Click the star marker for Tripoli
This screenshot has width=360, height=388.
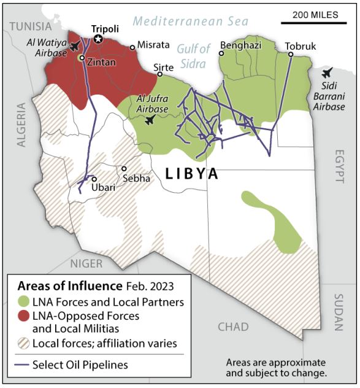tap(98, 39)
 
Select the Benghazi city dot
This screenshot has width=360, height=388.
tap(222, 53)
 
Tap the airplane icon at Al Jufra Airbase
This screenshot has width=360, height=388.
tap(149, 120)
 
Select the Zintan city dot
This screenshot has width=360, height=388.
tap(82, 58)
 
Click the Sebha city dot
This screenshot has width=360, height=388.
tap(124, 168)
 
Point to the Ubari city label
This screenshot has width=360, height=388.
tap(102, 188)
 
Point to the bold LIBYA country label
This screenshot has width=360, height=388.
tap(192, 174)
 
